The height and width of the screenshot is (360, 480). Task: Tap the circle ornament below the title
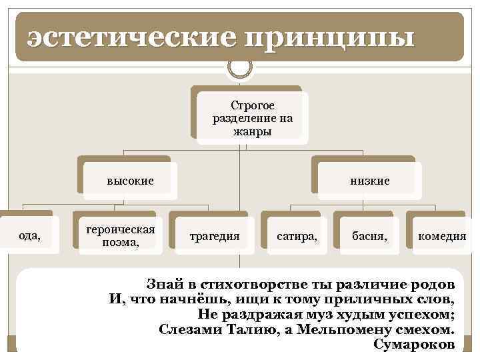click(x=240, y=67)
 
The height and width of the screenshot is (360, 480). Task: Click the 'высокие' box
click(x=131, y=181)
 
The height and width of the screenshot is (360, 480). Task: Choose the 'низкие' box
click(x=369, y=181)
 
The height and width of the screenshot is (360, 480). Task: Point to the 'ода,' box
click(x=29, y=235)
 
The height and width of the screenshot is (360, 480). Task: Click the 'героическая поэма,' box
click(x=121, y=235)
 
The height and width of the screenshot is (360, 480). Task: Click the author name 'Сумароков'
click(x=415, y=344)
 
